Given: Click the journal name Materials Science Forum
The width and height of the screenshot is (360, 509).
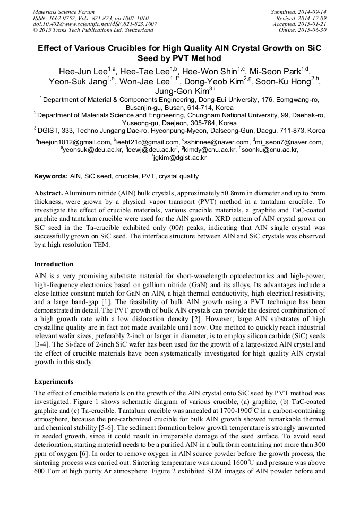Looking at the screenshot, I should (64, 11).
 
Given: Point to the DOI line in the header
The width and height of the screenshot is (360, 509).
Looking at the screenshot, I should (95, 24).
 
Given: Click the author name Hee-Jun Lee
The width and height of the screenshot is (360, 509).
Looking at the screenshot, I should (83, 71).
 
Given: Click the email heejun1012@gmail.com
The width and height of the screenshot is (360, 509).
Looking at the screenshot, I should (73, 142).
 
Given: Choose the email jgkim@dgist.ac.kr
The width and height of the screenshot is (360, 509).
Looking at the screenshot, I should (180, 158).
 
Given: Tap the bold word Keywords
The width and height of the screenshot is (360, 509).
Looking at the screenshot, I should (50, 176).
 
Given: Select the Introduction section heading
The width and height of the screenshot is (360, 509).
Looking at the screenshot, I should (54, 264).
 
